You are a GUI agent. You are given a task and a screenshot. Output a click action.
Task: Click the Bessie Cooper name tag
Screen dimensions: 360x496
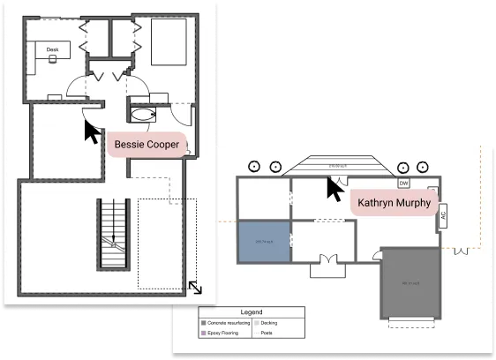point(147,144)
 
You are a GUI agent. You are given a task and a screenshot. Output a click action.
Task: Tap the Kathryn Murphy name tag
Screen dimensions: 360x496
point(394,203)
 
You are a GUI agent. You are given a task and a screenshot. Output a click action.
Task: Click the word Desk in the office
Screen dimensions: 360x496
point(52,50)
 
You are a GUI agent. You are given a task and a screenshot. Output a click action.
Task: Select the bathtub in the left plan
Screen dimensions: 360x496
point(142,114)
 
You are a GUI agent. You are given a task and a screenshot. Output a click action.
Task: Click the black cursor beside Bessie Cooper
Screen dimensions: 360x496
point(92,131)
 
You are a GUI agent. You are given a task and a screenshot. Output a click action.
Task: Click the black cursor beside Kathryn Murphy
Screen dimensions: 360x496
point(335,189)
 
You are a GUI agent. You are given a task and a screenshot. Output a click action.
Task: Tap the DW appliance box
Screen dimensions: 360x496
point(403,183)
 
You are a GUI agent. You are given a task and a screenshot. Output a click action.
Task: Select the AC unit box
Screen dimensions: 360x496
point(443,216)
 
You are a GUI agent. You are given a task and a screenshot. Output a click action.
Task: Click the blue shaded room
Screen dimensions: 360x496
point(264,241)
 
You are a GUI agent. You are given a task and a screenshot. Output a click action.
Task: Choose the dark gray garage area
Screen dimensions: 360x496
point(410,283)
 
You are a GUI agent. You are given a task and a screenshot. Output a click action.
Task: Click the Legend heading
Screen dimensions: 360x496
point(252,312)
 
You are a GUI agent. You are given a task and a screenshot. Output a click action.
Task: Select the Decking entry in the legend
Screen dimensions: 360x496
point(268,323)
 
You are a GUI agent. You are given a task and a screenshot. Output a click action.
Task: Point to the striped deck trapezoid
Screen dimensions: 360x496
point(335,165)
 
